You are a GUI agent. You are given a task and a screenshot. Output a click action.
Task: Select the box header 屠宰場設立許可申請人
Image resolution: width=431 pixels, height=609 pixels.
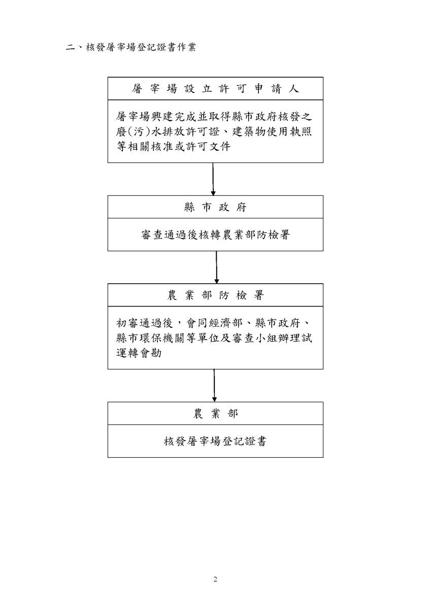click(x=215, y=89)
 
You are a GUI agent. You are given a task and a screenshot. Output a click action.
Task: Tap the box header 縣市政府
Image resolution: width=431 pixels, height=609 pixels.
click(x=215, y=207)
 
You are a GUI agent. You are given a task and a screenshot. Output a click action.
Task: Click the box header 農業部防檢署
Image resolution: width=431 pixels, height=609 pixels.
click(x=215, y=295)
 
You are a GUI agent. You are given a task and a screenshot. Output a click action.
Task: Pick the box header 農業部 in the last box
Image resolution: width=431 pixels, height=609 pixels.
click(x=215, y=414)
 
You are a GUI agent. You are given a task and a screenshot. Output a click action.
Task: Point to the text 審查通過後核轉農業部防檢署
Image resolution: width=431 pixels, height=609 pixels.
click(x=215, y=235)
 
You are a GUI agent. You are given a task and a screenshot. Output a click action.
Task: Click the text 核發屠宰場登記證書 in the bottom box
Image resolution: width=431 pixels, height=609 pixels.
click(x=215, y=442)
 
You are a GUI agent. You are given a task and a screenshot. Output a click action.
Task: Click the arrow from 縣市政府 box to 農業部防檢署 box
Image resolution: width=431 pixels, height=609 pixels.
click(x=216, y=267)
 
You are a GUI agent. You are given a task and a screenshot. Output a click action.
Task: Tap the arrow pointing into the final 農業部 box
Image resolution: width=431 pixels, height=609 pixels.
click(x=214, y=385)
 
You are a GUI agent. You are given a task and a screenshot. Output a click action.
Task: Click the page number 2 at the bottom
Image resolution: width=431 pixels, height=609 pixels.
click(x=215, y=580)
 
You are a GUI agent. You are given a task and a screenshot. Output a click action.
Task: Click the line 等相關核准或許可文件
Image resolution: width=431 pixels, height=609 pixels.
click(x=173, y=147)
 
